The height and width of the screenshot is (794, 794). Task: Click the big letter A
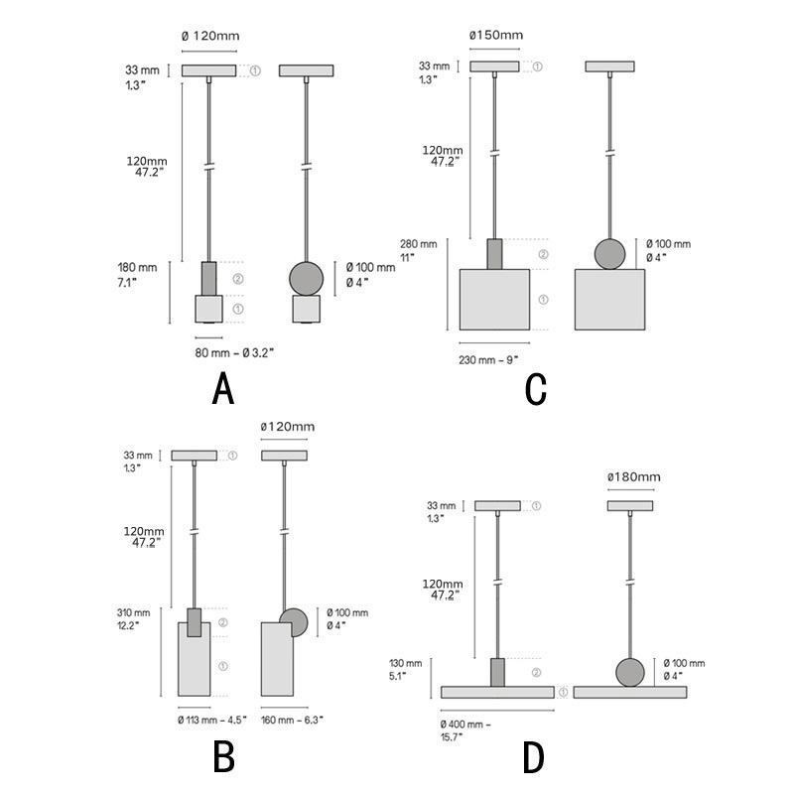[223, 387]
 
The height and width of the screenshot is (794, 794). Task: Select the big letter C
[536, 388]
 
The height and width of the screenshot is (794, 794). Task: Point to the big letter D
[534, 757]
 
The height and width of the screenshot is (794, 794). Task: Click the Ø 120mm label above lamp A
[210, 36]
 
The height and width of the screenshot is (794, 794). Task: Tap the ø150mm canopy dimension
[495, 36]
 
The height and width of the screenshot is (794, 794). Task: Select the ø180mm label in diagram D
[633, 477]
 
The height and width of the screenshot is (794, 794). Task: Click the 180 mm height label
[137, 268]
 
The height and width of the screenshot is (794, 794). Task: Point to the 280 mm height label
[418, 243]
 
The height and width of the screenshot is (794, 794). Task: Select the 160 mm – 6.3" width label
[291, 719]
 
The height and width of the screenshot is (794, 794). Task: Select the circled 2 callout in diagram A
[238, 278]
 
